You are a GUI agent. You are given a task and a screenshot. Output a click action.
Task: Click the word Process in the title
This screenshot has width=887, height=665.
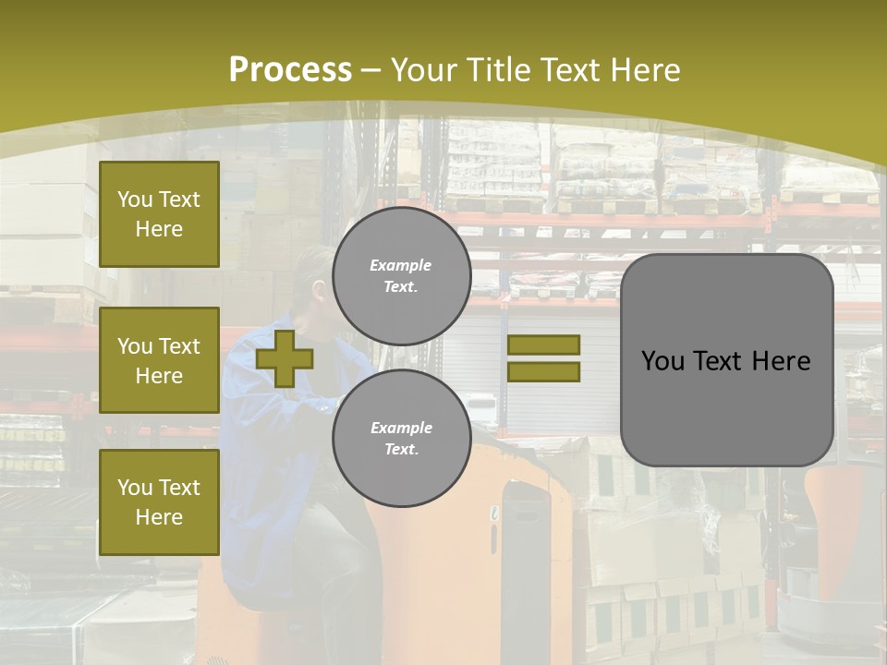click(290, 70)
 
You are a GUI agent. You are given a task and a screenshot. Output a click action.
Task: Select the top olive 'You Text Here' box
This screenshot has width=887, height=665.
click(159, 214)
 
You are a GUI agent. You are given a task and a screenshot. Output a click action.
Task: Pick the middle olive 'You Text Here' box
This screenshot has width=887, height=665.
click(159, 360)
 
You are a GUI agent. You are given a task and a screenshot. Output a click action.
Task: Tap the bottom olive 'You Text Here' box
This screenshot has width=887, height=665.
click(159, 502)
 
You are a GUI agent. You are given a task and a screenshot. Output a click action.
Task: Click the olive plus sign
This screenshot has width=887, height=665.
click(285, 358)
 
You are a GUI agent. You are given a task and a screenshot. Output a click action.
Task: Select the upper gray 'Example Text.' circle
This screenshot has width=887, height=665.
click(401, 276)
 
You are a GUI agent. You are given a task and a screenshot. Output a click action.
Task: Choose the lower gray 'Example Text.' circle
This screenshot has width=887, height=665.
click(401, 439)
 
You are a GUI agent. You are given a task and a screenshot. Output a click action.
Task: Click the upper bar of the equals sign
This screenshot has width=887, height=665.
click(543, 345)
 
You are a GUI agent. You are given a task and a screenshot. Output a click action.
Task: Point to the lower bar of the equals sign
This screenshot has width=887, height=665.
click(543, 372)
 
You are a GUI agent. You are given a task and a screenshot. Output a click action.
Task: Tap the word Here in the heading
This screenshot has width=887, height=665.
click(646, 70)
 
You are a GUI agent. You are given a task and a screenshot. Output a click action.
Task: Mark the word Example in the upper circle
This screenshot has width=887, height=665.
click(401, 265)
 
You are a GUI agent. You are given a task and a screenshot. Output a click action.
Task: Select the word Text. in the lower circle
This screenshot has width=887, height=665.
click(401, 450)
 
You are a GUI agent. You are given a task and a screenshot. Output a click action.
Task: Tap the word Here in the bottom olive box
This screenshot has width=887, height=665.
click(159, 517)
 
